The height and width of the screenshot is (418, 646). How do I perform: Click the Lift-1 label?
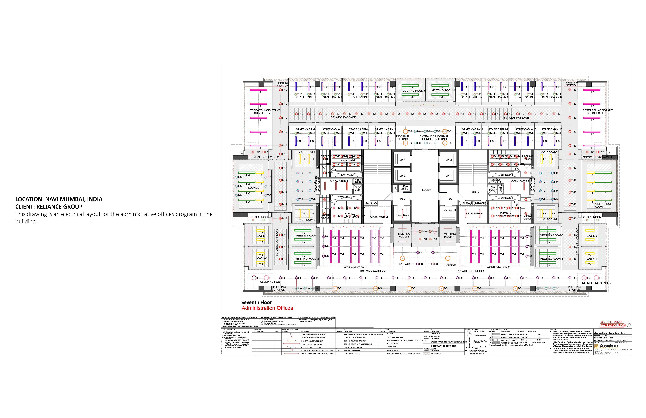(x=402, y=160)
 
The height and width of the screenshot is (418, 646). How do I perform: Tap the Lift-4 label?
(x=449, y=176)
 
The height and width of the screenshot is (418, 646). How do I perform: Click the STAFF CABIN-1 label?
(x=306, y=97)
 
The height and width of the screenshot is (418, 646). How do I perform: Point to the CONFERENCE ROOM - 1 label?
(x=602, y=205)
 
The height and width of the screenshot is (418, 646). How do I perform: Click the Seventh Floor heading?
(x=256, y=302)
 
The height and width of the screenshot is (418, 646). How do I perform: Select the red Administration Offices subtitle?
(x=267, y=308)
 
